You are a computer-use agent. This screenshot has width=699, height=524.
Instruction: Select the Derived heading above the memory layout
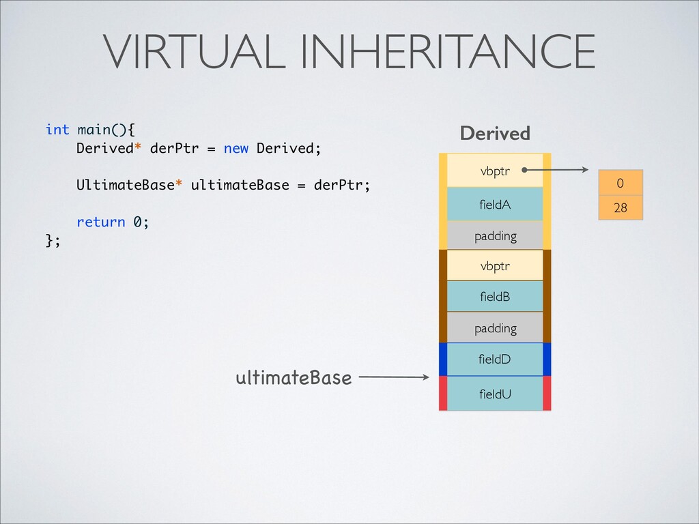(x=495, y=134)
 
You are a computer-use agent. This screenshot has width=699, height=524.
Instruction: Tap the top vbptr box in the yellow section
(x=494, y=171)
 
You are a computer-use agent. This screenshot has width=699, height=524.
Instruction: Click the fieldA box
(x=494, y=204)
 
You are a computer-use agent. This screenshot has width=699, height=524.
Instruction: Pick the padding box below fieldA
(x=494, y=236)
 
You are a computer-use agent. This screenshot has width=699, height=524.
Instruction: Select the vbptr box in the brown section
(x=494, y=265)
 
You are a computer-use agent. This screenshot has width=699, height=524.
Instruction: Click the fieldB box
(x=494, y=297)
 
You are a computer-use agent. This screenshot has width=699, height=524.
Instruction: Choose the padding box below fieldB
(x=494, y=328)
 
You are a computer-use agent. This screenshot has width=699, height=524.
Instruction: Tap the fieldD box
(x=494, y=359)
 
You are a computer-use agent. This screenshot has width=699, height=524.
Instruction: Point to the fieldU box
(x=494, y=394)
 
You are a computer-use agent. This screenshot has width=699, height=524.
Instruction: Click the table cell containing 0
(x=620, y=184)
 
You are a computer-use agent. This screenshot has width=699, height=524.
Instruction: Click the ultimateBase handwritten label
(x=294, y=377)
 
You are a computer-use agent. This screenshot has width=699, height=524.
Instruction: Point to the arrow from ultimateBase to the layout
(x=393, y=377)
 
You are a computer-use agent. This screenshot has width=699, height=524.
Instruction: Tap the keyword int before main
(x=57, y=130)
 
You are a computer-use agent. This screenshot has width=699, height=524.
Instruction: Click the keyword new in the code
(x=236, y=149)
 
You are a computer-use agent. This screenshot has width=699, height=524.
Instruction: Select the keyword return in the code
(x=101, y=222)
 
